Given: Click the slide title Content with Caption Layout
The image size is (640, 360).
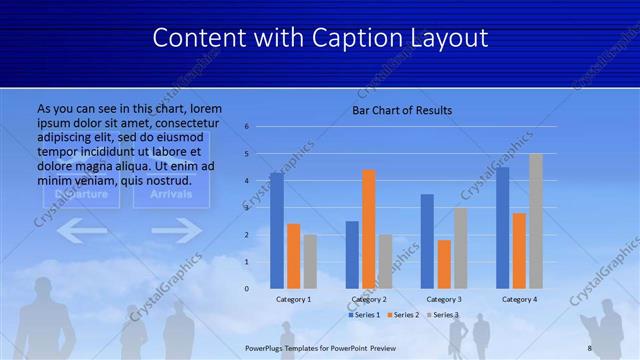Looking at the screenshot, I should tap(320, 38).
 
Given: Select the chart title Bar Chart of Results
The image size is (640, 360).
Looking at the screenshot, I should tap(402, 110).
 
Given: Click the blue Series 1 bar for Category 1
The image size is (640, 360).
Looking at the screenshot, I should tap(277, 230).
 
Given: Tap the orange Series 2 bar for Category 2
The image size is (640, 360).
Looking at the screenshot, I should tap(369, 229).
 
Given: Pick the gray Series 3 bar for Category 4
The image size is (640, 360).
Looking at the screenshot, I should tap(535, 221).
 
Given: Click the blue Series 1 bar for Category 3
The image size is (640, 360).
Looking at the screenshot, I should tap(427, 241).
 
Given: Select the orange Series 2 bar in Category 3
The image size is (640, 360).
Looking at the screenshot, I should tap(444, 264).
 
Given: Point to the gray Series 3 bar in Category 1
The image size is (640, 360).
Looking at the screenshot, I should tap(310, 261).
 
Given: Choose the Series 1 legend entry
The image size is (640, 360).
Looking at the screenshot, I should tap(365, 315).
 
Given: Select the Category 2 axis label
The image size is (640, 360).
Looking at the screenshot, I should tap(369, 299).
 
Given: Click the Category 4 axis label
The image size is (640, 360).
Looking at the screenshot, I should tap(519, 299).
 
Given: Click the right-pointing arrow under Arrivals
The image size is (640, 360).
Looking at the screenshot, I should tap(176, 232).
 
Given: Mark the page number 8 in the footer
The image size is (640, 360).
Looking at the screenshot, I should tap(590, 347).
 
